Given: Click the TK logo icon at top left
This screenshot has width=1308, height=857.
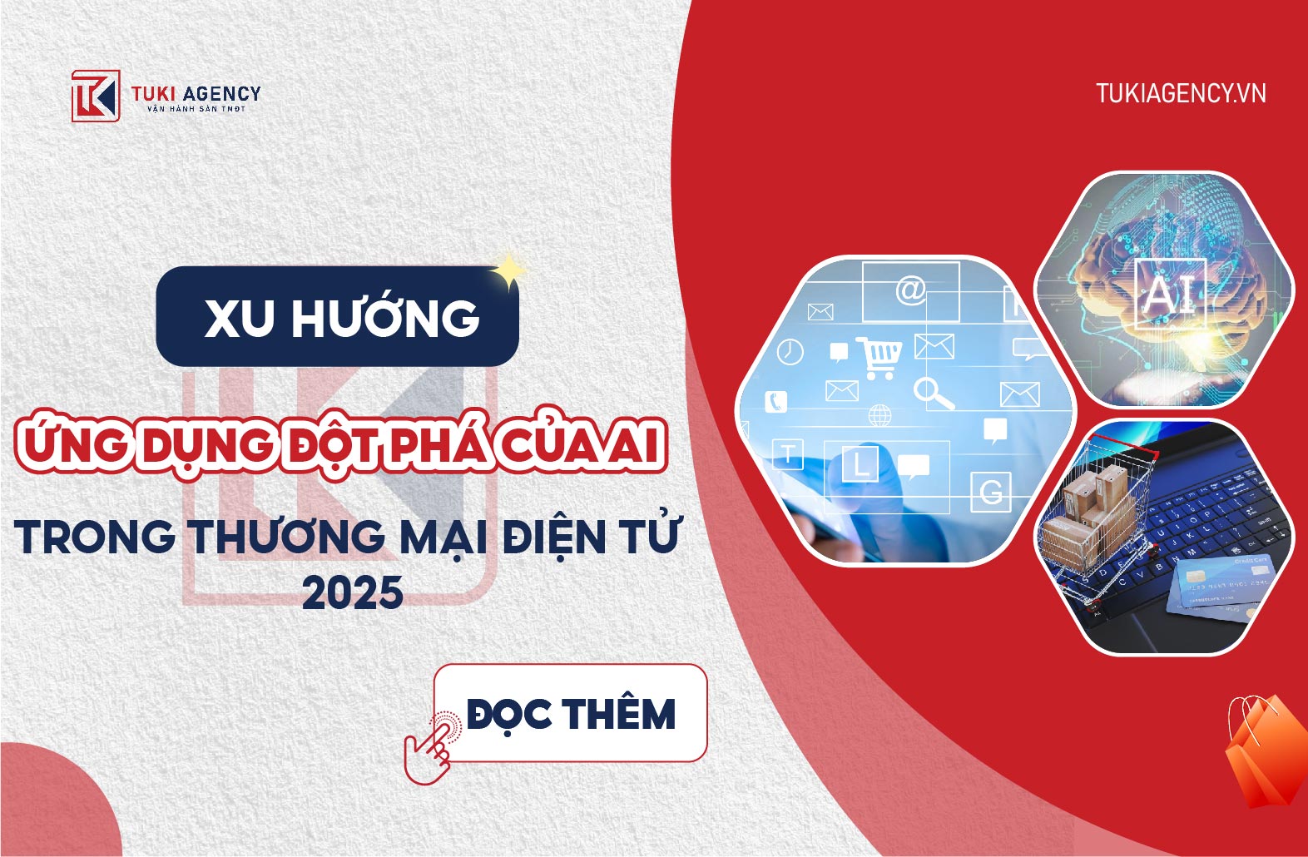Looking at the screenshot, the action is pos(96,96).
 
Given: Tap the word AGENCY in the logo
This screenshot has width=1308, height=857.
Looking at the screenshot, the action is pos(221,93).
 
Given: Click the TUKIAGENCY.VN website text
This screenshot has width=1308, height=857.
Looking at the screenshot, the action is pos(1181,93).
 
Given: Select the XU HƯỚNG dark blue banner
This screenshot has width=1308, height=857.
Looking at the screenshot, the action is pos(338,316).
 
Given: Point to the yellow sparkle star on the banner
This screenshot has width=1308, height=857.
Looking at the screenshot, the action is pos(508,271).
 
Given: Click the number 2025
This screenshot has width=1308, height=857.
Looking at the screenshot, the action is pos(353,592).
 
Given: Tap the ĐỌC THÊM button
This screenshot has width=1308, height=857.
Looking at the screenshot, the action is pos(571,713).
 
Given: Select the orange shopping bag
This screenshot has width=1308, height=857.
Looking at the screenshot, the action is pos(1265,752).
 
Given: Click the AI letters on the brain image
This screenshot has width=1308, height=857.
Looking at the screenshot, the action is pos(1169,295).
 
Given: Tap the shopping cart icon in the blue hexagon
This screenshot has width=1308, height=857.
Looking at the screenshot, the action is pos(879,357).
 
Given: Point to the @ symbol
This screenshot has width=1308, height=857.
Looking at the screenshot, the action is pos(911,290).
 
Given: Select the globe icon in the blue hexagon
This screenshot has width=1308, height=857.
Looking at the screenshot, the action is pos(879,415).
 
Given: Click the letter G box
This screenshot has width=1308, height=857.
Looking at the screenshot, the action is pos(991,492).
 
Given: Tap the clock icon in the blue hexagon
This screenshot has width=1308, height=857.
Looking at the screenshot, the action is pos(790,351).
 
